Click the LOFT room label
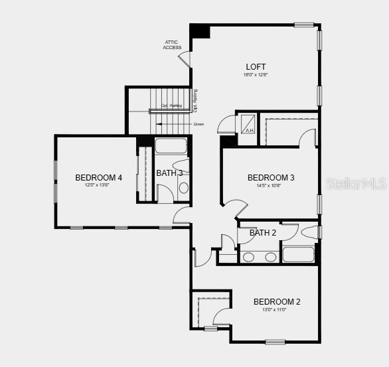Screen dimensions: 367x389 click(x=256, y=66)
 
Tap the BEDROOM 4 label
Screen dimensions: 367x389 click(x=98, y=177)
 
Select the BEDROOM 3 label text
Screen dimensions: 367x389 click(x=271, y=177)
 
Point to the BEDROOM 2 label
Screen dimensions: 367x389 click(x=277, y=302)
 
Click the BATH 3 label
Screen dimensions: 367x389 click(x=169, y=173)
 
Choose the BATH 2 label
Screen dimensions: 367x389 click(x=262, y=233)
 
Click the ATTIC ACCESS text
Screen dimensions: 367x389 click(x=172, y=45)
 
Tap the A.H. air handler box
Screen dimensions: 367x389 click(x=250, y=123)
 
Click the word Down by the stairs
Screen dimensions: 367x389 click(x=198, y=124)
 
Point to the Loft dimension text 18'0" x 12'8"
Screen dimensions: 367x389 click(x=256, y=76)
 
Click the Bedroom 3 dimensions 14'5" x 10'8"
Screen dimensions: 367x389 click(x=271, y=186)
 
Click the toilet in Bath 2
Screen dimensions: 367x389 click(x=310, y=232)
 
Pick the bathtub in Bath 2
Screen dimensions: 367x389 click(x=298, y=255)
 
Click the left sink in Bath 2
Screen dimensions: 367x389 click(x=248, y=257)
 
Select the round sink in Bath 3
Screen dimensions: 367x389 click(x=183, y=188)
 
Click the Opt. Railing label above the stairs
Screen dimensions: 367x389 click(x=171, y=106)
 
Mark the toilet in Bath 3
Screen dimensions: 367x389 click(x=180, y=165)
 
